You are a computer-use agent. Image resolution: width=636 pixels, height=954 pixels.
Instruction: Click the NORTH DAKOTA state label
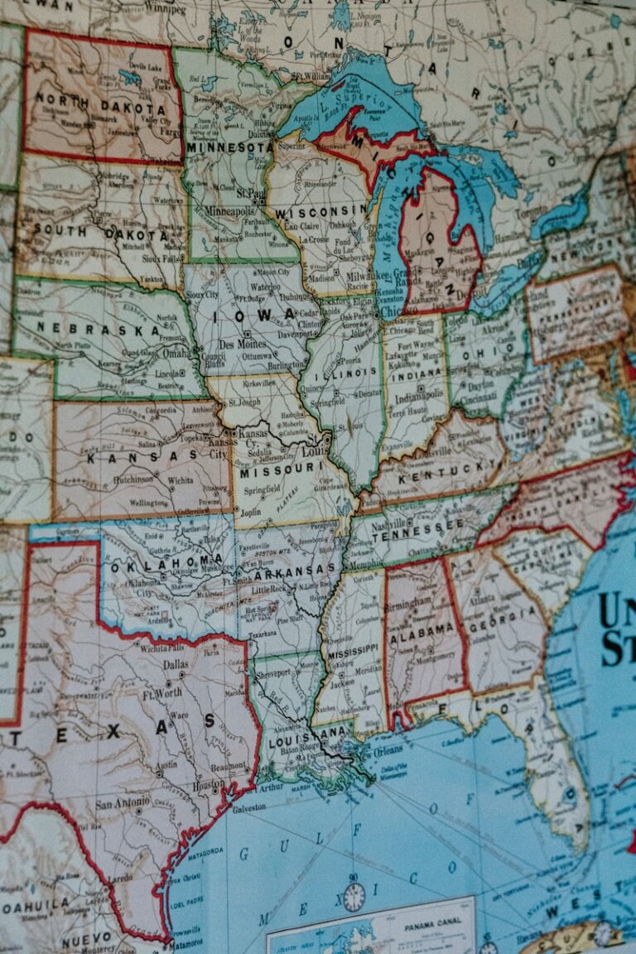pyautogui.click(x=100, y=108)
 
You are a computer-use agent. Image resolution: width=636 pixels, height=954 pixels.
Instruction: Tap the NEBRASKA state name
pyautogui.click(x=97, y=329)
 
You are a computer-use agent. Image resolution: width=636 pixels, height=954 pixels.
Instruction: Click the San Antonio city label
pyautogui.click(x=123, y=803)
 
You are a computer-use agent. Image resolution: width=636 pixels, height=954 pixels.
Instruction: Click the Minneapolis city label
pyautogui.click(x=234, y=210)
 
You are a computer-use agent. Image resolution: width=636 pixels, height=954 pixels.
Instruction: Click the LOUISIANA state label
pyautogui.click(x=306, y=733)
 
